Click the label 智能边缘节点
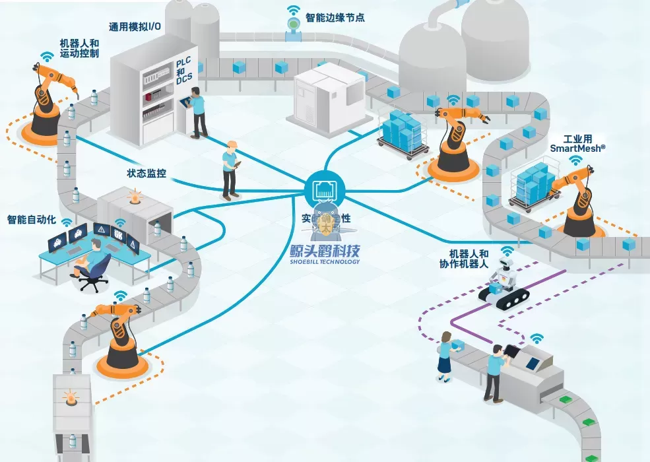click(335, 18)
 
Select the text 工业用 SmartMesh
click(577, 144)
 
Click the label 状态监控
click(146, 174)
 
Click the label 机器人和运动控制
click(79, 48)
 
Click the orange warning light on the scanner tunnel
click(135, 196)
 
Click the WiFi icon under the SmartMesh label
click(576, 160)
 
